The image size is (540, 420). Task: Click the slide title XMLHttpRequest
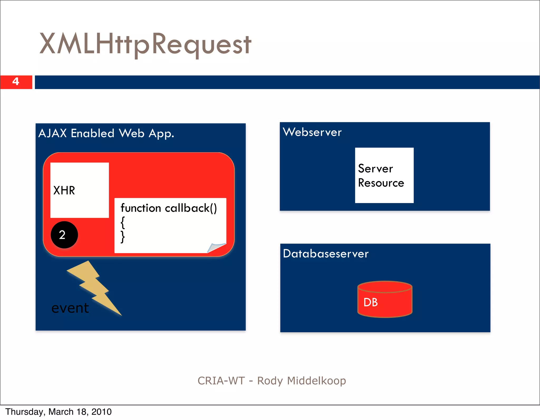145,44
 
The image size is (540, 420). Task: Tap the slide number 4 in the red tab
16,81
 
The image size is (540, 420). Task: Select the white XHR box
79,190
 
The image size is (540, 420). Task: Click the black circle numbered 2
64,235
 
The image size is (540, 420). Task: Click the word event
70,308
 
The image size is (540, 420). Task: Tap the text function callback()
169,208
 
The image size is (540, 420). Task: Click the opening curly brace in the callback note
123,222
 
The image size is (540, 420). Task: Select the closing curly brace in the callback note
123,236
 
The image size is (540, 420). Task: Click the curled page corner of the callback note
216,247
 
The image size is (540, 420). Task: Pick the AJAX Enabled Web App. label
106,133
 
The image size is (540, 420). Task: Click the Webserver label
312,132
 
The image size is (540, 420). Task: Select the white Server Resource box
384,175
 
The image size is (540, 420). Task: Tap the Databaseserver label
326,254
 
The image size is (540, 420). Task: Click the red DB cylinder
385,299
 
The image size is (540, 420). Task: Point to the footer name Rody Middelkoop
301,381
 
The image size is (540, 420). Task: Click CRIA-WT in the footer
221,381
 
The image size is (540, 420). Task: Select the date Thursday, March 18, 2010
59,412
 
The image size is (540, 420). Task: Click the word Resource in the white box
381,183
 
